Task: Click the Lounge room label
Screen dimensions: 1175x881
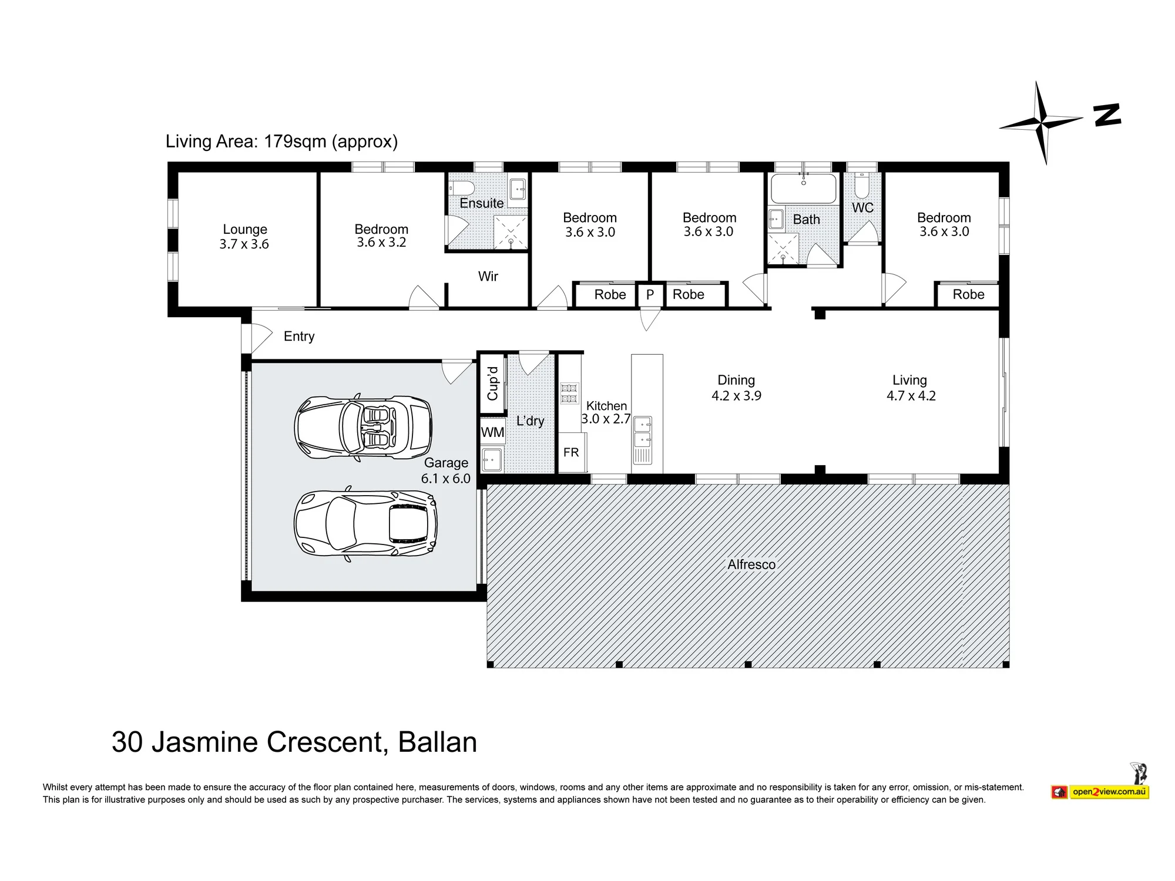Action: coord(245,230)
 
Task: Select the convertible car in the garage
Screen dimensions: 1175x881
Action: coord(363,427)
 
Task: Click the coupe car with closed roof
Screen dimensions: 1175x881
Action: coord(365,523)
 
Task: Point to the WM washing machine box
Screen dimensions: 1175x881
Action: coord(492,432)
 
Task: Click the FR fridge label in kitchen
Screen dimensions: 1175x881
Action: coord(571,452)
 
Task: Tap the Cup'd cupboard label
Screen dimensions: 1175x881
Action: coord(493,384)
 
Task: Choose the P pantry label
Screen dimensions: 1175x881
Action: coord(650,294)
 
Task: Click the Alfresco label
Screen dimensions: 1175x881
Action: coord(751,564)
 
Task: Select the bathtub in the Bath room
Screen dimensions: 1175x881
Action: coord(803,189)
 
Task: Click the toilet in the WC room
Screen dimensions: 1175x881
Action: coord(862,185)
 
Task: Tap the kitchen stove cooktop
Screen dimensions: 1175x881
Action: coord(569,393)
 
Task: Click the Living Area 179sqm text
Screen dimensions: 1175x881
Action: coord(281,142)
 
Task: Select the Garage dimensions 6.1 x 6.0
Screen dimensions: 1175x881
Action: coord(446,479)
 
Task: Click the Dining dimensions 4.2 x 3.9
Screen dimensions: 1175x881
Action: coord(736,396)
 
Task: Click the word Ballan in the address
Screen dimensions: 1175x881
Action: coord(438,742)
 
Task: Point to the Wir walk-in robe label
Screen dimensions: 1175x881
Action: coord(488,276)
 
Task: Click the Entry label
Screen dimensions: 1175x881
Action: coord(299,337)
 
